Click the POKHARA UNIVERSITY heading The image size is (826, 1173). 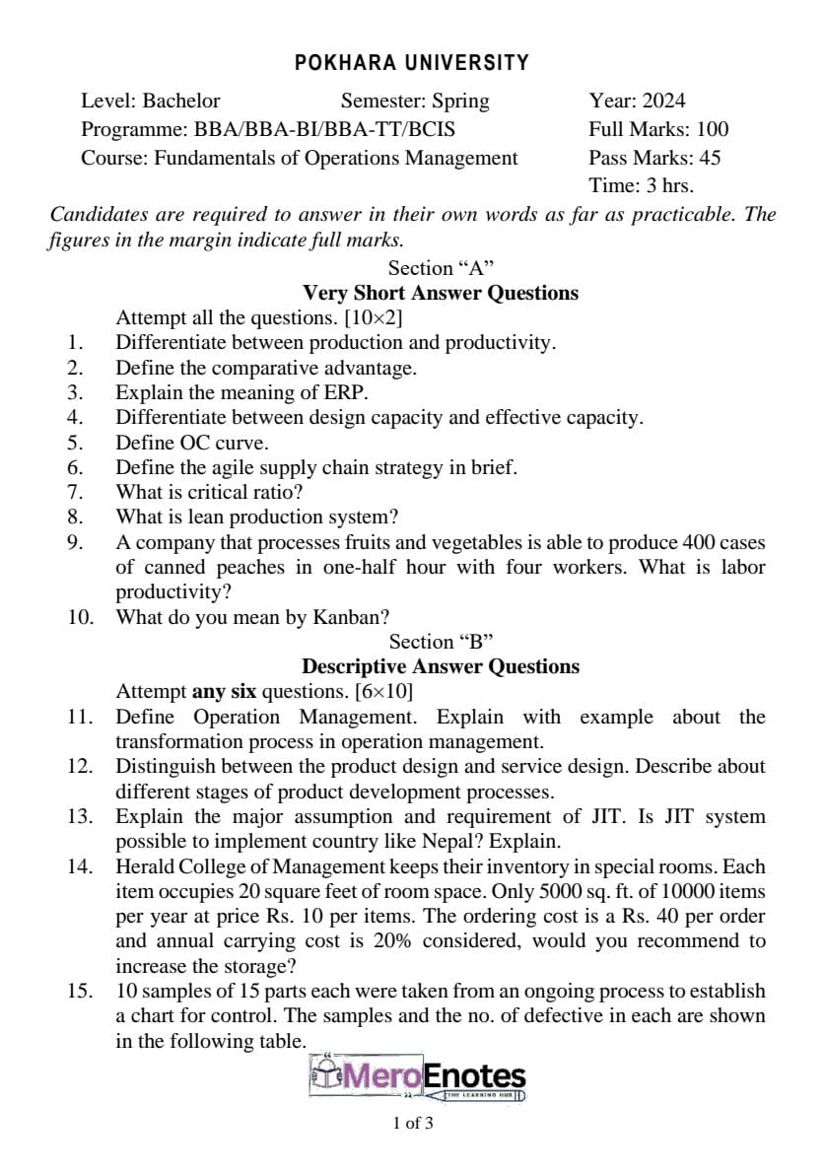coord(412,63)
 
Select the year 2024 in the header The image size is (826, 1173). coord(664,101)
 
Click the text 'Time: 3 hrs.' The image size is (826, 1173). coord(641,185)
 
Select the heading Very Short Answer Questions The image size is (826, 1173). coord(441,293)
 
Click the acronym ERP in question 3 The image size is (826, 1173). coord(348,393)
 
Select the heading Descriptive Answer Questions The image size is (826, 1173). coord(441,666)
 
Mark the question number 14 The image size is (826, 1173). coord(80,867)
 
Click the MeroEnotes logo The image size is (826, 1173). coord(418,1076)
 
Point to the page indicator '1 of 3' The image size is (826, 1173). coord(412,1123)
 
